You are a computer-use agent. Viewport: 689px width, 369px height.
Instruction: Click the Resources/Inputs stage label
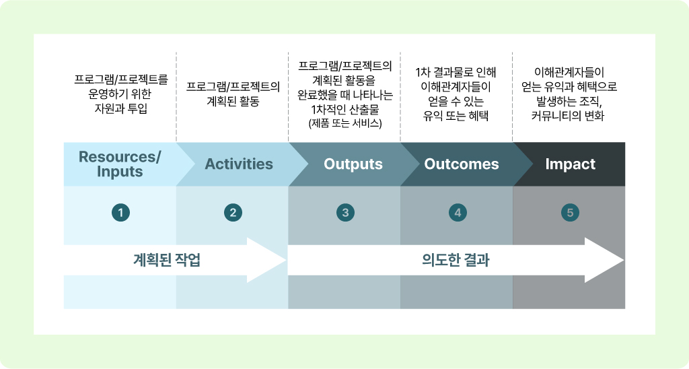coord(120,164)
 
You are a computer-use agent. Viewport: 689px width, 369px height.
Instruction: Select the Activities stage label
coord(239,164)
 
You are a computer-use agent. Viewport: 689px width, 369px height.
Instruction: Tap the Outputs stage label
coord(353,164)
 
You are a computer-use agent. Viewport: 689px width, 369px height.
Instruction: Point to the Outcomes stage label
coord(462,164)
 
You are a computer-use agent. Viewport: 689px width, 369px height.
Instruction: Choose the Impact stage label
coord(571,164)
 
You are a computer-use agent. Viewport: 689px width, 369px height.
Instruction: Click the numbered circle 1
coord(121,213)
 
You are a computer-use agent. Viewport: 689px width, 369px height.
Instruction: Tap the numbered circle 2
coord(233,213)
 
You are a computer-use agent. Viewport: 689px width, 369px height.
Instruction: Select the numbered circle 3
coord(345,213)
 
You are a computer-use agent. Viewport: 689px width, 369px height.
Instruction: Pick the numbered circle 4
coord(458,213)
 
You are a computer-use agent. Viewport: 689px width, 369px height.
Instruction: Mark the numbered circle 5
coord(570,213)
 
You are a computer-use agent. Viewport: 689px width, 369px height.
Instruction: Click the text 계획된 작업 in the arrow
coord(167,260)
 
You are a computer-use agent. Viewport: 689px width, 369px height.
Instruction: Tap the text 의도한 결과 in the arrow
coord(456,260)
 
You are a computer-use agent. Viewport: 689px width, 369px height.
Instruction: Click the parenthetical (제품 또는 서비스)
coord(345,123)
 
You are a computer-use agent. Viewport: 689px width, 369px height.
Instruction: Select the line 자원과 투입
coord(121,108)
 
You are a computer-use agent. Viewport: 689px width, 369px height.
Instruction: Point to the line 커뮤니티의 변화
coord(568,116)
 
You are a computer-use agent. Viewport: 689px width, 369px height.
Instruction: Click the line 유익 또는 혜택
coord(456,116)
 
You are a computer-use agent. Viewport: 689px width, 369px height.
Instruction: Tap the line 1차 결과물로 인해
coord(456,72)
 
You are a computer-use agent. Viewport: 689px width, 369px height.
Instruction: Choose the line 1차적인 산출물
coord(345,109)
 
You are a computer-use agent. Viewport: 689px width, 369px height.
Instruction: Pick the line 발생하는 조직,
coord(568,102)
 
